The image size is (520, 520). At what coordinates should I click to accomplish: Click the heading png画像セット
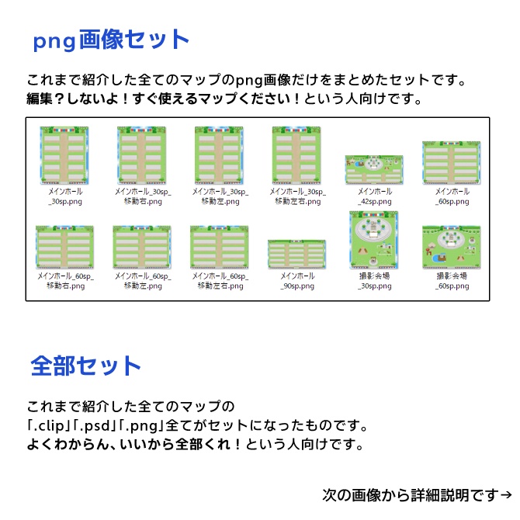point(110,40)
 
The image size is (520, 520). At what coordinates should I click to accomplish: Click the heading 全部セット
point(86,366)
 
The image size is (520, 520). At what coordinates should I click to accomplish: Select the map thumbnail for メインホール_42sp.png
point(374,170)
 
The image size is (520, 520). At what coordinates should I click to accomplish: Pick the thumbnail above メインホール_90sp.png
point(296,255)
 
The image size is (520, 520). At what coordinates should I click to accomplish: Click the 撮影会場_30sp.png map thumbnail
point(374,240)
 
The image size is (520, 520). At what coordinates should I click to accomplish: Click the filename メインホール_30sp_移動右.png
point(142,196)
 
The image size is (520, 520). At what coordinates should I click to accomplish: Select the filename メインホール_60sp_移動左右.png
point(220,280)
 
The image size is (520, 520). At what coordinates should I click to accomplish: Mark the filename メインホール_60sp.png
point(452,196)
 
